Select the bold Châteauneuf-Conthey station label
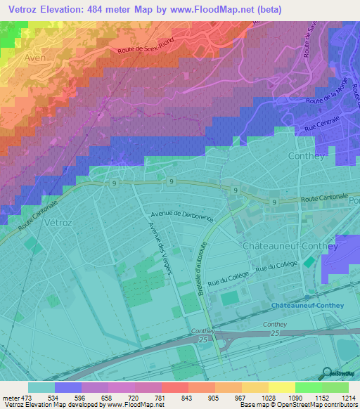click(307, 306)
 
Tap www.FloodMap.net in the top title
click(231, 9)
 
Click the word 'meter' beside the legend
click(10, 396)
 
